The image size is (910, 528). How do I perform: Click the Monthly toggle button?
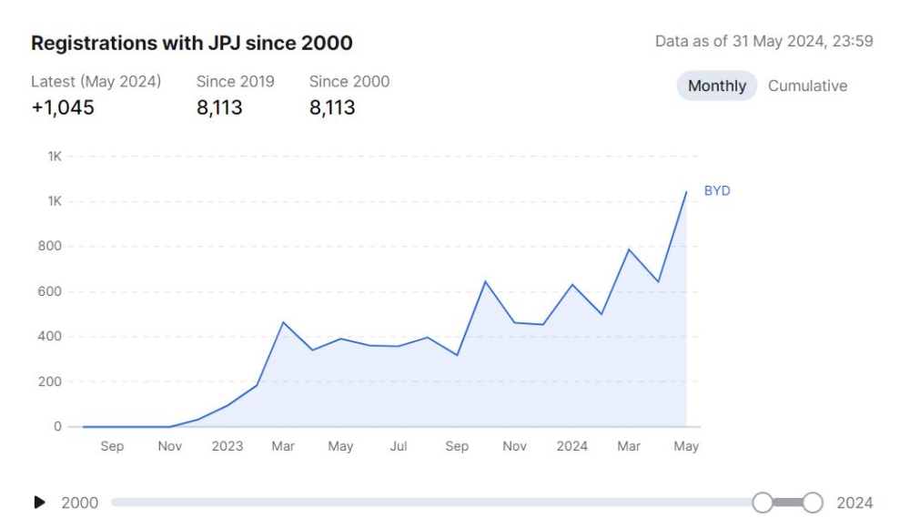716,86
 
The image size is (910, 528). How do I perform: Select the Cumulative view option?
807,86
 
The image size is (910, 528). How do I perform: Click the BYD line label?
717,191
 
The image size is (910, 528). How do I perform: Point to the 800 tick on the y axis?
51,246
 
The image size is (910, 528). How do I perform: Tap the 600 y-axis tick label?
51,291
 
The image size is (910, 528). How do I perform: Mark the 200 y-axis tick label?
51,381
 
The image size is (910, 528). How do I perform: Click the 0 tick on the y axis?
57,426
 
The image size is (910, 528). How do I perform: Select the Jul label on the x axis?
399,446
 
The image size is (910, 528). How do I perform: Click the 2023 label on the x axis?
227,446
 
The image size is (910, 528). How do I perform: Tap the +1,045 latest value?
63,108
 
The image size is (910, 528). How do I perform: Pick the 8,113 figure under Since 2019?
219,108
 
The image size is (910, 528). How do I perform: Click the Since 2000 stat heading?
349,81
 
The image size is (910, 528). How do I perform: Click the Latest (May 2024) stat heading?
96,81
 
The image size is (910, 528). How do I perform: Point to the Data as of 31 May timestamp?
764,42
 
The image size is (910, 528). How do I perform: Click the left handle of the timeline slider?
763,503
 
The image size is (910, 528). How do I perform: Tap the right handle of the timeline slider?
813,503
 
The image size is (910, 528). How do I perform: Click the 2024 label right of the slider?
854,503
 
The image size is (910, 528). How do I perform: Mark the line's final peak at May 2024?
685,192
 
